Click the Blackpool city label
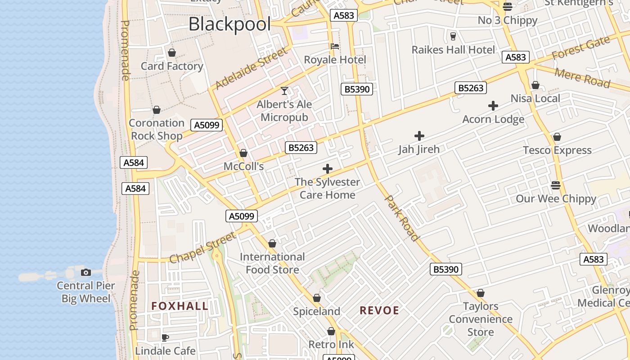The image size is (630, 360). (x=229, y=24)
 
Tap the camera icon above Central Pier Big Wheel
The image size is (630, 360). (x=85, y=272)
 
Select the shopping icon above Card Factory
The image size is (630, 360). (x=171, y=53)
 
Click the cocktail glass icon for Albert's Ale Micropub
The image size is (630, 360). (x=284, y=91)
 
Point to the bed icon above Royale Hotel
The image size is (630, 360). (x=335, y=46)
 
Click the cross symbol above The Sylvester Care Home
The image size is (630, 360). (x=328, y=169)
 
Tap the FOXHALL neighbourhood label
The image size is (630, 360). (x=180, y=306)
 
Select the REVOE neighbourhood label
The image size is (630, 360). (x=379, y=310)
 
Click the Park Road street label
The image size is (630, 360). (x=401, y=218)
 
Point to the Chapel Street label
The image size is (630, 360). (x=202, y=247)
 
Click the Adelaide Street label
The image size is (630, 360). (x=251, y=68)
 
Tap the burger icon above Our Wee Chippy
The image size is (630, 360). (x=556, y=185)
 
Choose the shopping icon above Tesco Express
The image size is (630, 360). (x=557, y=137)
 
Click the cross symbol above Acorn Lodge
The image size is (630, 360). (x=493, y=106)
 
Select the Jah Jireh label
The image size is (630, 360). (x=418, y=149)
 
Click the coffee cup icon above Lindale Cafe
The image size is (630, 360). (x=165, y=337)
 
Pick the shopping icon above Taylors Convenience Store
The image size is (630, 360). (x=481, y=293)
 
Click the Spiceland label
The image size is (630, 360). (x=316, y=311)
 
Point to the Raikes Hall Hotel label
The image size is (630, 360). (x=453, y=49)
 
